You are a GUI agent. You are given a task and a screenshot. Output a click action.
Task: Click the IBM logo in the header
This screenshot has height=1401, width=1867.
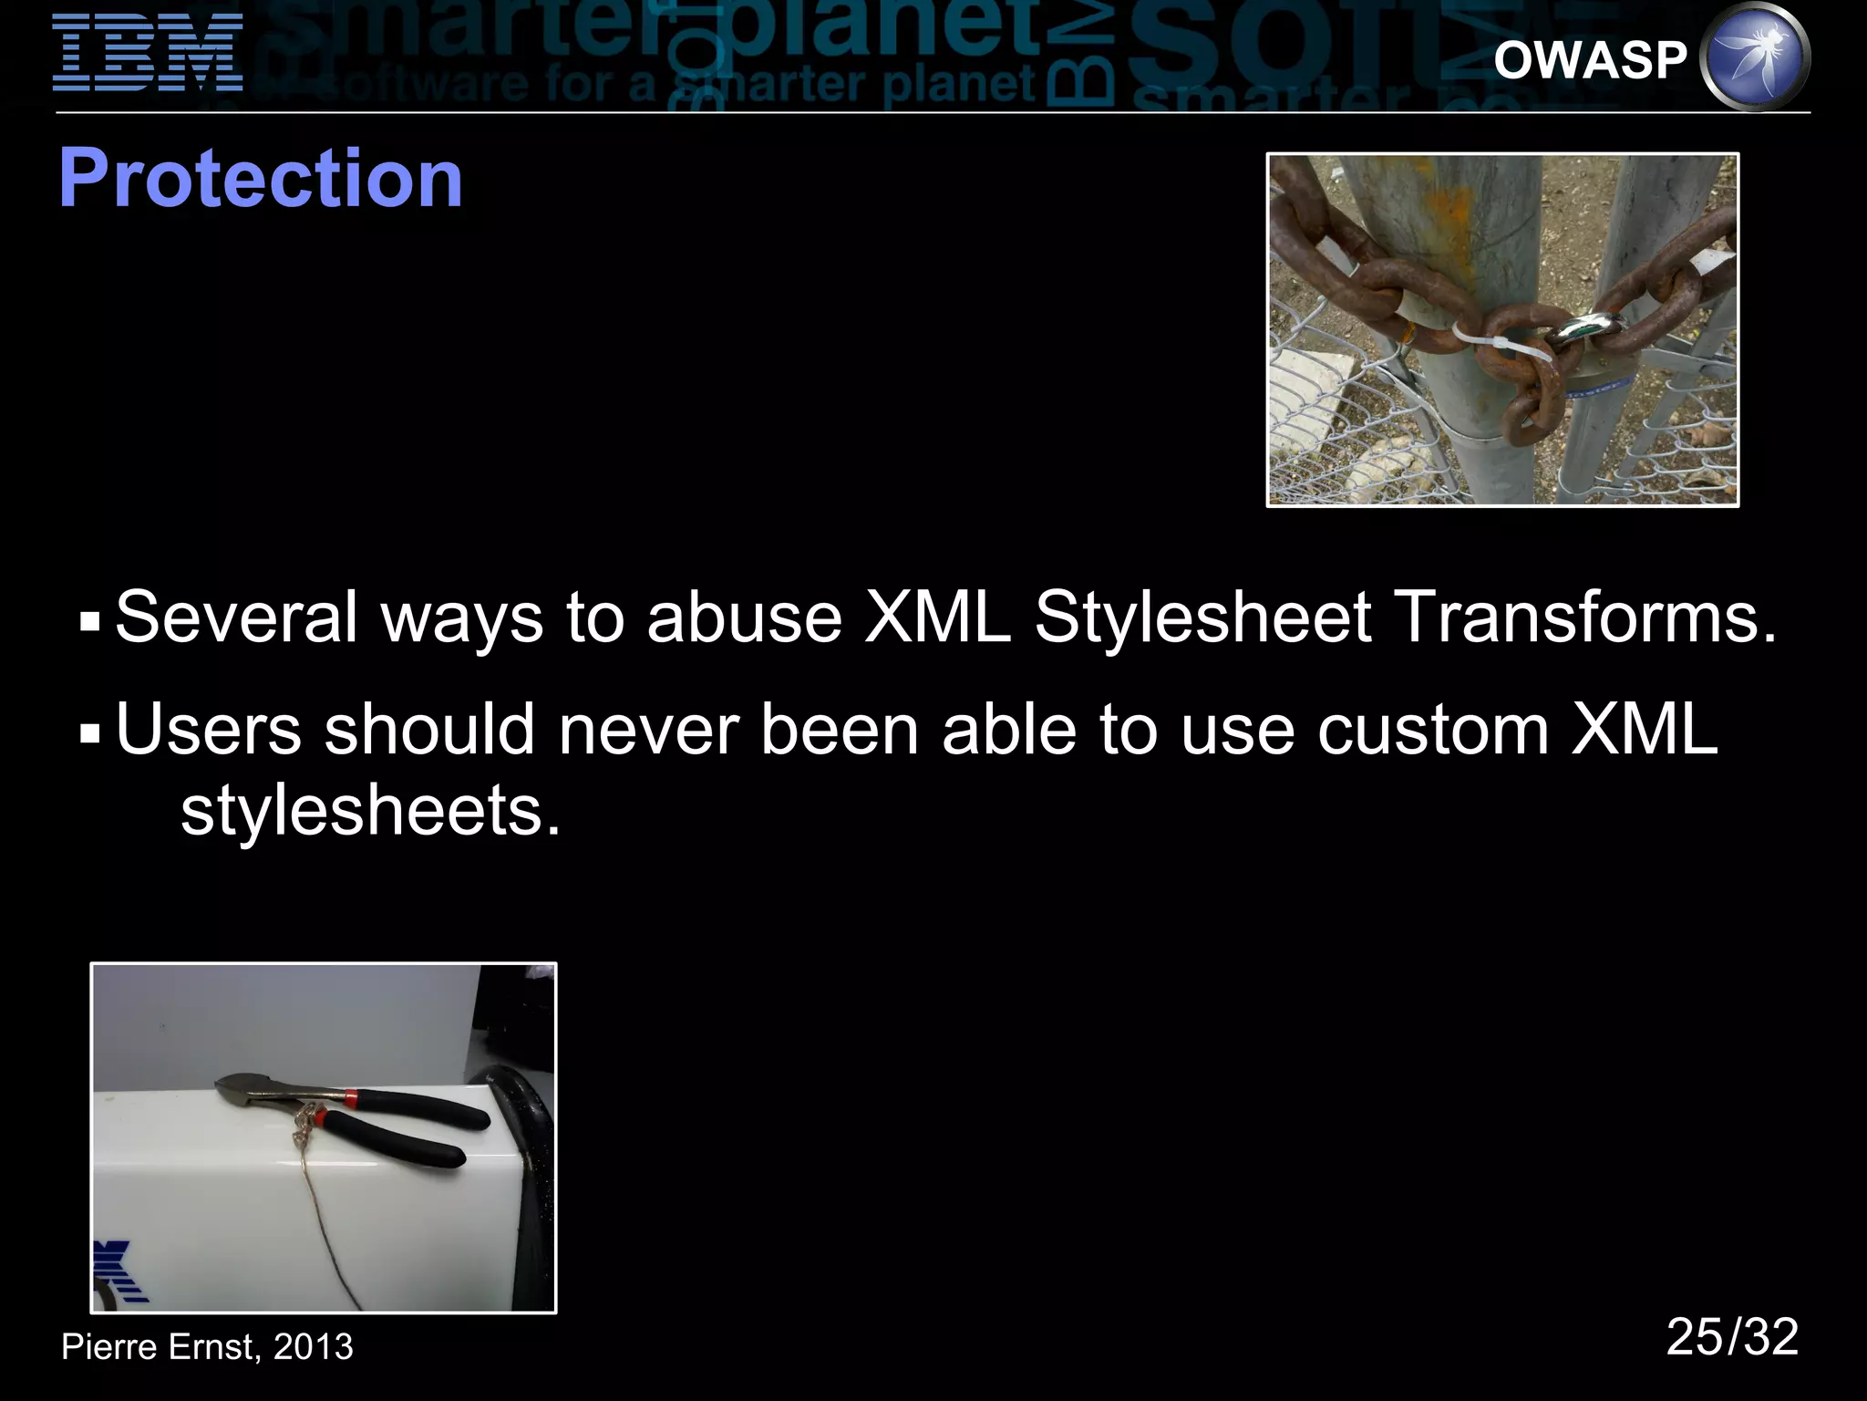tap(148, 53)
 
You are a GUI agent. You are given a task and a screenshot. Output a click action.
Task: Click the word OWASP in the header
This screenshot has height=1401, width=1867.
tap(1590, 61)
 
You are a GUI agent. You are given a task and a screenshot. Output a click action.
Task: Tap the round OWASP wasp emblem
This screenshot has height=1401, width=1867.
tap(1756, 57)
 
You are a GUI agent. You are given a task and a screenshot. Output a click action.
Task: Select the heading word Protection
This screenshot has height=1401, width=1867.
tap(261, 179)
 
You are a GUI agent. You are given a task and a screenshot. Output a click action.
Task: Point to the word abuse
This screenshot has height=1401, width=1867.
tap(744, 617)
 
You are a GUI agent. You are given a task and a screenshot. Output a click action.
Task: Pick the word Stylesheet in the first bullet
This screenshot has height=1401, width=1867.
tap(1202, 617)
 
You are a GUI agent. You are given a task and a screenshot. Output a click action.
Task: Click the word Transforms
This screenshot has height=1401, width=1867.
tap(1587, 617)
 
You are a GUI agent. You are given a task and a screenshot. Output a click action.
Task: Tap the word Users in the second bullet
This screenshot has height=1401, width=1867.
tap(209, 730)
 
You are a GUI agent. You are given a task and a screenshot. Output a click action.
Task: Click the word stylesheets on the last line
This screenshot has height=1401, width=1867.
tap(369, 810)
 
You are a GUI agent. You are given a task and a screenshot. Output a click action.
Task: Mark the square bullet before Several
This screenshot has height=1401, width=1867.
tap(89, 623)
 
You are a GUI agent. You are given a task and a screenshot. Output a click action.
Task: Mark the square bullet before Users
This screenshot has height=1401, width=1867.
tap(89, 734)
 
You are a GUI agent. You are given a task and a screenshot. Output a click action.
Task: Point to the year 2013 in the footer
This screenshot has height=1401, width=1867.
tap(313, 1347)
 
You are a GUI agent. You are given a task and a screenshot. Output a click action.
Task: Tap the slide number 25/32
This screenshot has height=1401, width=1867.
tap(1732, 1338)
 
